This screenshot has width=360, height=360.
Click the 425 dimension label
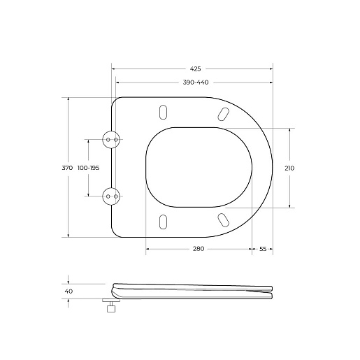click(x=195, y=69)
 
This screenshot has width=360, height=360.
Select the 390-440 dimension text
click(x=196, y=82)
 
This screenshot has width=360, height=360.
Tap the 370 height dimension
click(x=67, y=168)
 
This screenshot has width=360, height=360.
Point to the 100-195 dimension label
click(x=88, y=168)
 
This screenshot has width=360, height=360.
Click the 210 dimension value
click(x=289, y=168)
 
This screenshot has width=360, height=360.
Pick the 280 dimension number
click(x=199, y=249)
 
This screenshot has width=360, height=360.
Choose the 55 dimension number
click(x=263, y=249)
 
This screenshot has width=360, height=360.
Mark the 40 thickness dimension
click(x=69, y=291)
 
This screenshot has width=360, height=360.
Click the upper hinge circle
click(x=111, y=140)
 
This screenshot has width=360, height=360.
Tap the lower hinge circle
click(x=111, y=196)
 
